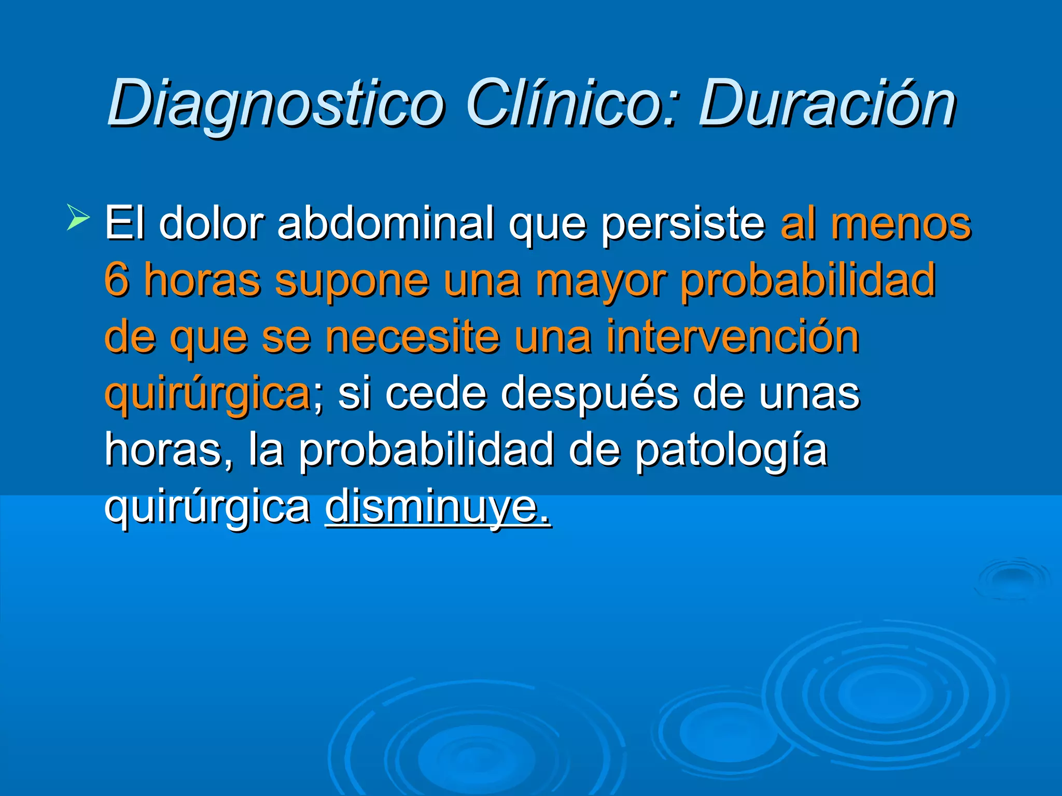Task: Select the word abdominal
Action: point(386,223)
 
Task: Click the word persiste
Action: point(683,224)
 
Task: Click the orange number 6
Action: point(116,280)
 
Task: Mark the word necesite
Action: point(413,337)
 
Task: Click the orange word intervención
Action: point(733,337)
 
